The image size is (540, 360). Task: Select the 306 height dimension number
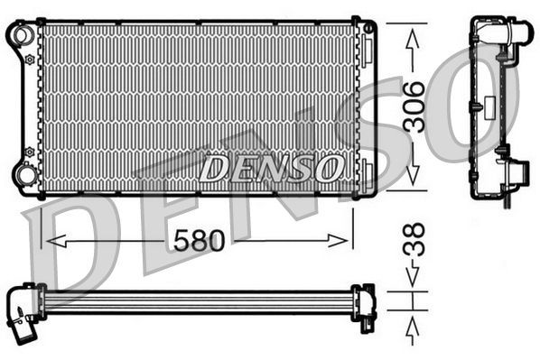414,106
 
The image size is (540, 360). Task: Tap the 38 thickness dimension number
414,242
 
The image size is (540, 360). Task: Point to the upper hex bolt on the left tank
29,60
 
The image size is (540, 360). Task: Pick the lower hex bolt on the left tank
29,149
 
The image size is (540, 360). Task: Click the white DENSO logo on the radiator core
271,167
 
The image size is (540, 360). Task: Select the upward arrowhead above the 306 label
414,36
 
